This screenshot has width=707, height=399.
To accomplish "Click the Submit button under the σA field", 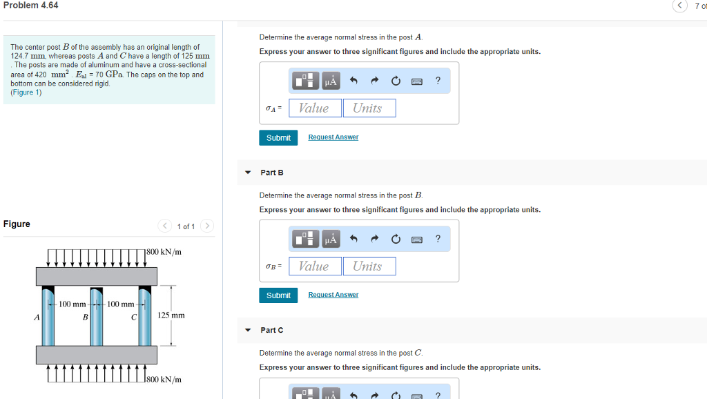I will click(278, 138).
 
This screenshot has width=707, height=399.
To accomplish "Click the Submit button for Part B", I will click(278, 295).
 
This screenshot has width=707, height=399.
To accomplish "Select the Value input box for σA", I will click(315, 108).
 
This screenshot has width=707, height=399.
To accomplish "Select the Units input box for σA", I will click(369, 108).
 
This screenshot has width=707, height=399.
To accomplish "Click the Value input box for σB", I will click(315, 266).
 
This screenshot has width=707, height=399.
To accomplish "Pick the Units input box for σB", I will click(369, 266).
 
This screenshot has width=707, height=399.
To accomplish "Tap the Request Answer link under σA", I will click(333, 137).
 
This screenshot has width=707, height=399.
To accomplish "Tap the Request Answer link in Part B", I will click(333, 295).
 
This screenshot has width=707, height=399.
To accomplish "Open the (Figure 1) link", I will click(26, 93).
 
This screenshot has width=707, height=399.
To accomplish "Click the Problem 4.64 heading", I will click(31, 6).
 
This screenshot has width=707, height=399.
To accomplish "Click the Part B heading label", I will click(271, 173).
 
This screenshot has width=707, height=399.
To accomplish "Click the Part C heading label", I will click(271, 330).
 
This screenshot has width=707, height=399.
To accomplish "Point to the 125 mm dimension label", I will click(171, 315).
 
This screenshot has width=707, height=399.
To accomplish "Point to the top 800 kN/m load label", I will click(165, 252).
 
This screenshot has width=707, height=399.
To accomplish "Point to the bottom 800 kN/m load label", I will click(165, 379).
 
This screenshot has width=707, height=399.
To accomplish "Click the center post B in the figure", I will click(96, 318).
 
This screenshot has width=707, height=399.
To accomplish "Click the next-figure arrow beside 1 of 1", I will click(208, 226).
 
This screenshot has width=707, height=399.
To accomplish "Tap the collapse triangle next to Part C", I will click(248, 330).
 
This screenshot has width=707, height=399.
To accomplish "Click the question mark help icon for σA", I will click(438, 81).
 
